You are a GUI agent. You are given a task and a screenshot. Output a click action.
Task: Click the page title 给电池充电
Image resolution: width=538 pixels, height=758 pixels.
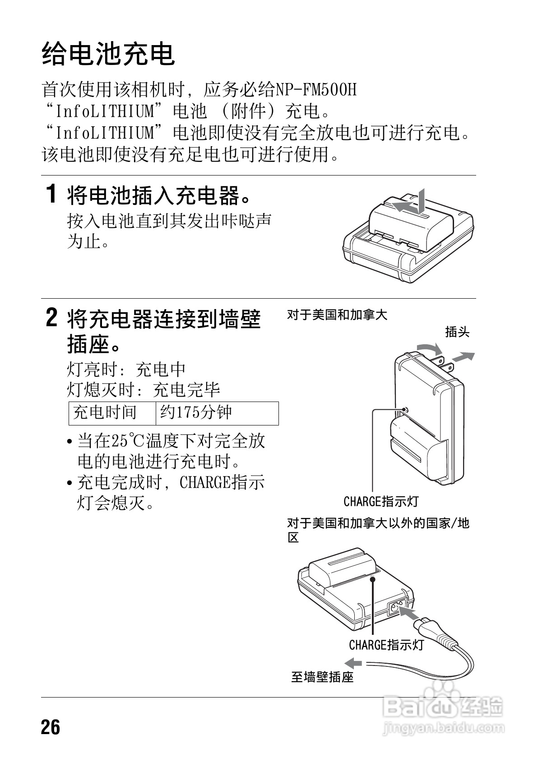[x=108, y=55]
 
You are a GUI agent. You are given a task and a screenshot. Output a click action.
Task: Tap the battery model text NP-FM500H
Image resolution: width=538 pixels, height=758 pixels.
[x=315, y=90]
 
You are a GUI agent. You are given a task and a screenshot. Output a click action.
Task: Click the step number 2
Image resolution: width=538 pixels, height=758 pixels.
[x=52, y=319]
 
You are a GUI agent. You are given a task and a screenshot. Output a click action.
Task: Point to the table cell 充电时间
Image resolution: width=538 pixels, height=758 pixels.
[x=105, y=412]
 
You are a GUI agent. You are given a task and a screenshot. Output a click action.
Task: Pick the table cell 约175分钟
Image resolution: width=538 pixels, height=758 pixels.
[x=196, y=412]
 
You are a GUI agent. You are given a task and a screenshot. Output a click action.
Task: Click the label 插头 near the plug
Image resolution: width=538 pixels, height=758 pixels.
[x=457, y=332]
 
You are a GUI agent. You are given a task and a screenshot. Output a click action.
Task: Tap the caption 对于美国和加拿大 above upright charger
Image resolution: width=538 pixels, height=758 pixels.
[x=337, y=315]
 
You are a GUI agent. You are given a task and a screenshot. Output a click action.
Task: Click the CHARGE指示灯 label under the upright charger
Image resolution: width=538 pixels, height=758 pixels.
[x=381, y=501]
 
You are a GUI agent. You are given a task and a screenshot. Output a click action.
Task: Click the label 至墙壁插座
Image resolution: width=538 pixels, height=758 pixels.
[x=322, y=677]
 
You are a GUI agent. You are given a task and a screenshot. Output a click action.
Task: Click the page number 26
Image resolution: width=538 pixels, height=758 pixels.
[x=51, y=727]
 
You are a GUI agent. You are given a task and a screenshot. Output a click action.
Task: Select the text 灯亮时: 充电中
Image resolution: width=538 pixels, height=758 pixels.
[x=127, y=370]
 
